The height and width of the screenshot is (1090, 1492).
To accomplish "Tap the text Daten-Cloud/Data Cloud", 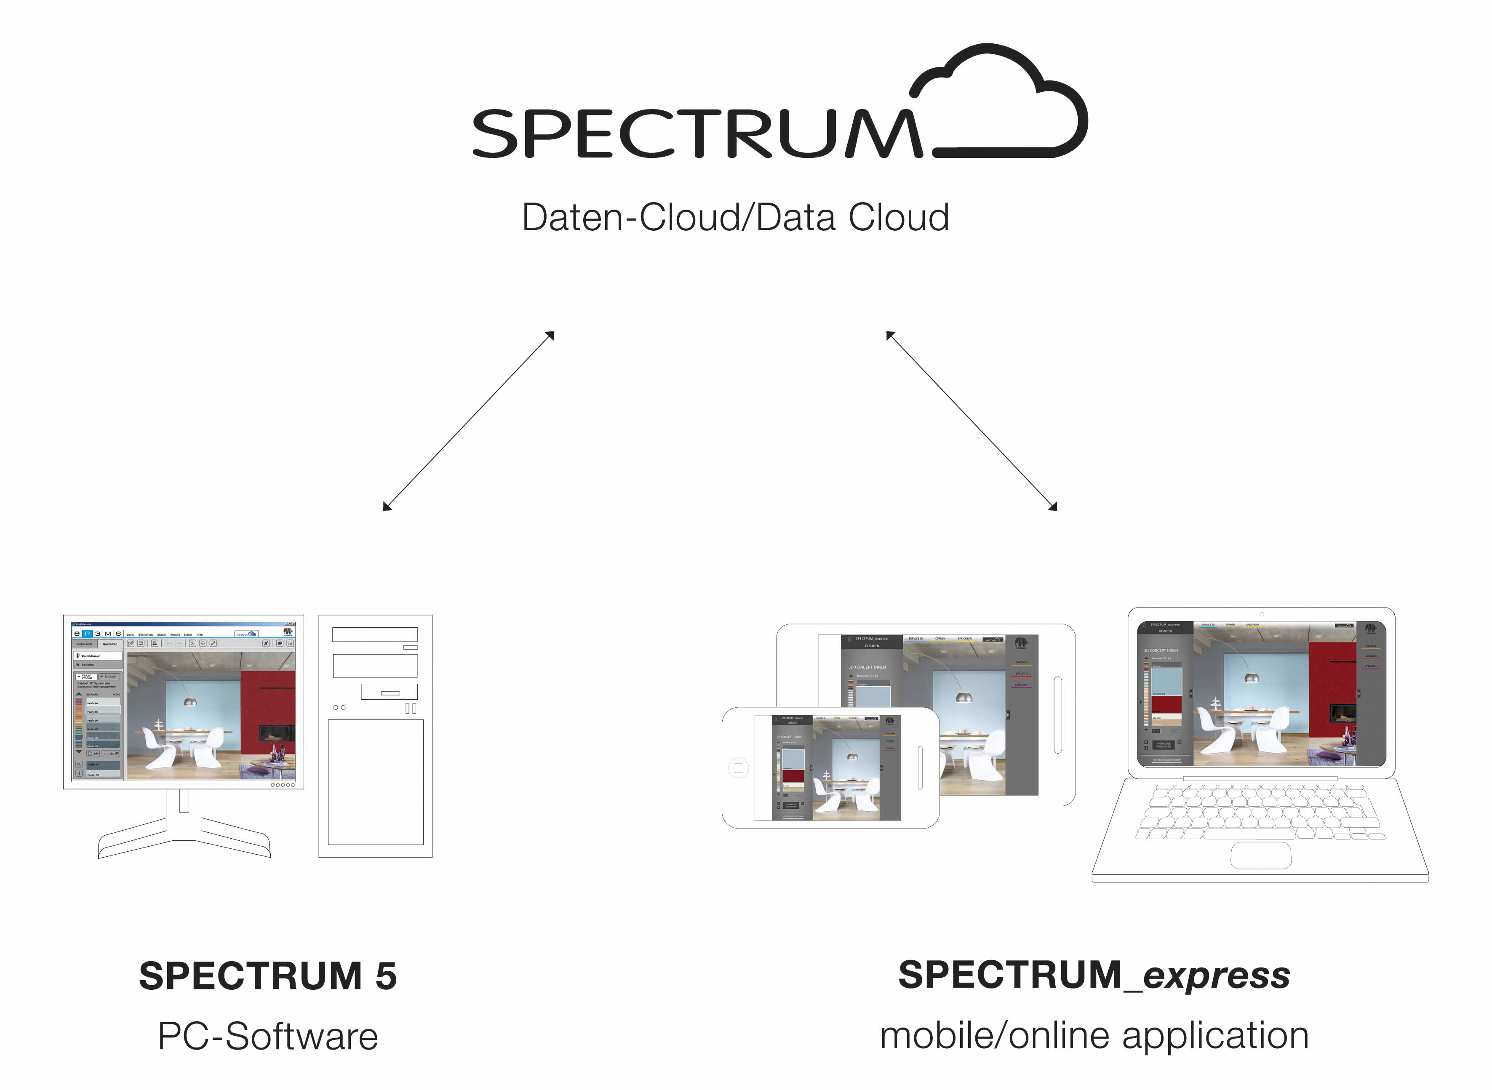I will pos(735,217).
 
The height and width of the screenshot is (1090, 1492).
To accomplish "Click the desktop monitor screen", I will pos(184,701).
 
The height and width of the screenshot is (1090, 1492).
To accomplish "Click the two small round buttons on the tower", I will pos(339,707).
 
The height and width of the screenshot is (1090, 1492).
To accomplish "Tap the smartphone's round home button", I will pos(738,768).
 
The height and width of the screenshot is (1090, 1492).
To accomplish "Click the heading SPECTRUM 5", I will pos(268,976).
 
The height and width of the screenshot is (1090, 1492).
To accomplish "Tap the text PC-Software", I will pos(268,1036).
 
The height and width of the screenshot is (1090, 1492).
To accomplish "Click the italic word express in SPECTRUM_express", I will pos(1216,975).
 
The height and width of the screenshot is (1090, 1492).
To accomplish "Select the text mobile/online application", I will pos(1094,1034).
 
